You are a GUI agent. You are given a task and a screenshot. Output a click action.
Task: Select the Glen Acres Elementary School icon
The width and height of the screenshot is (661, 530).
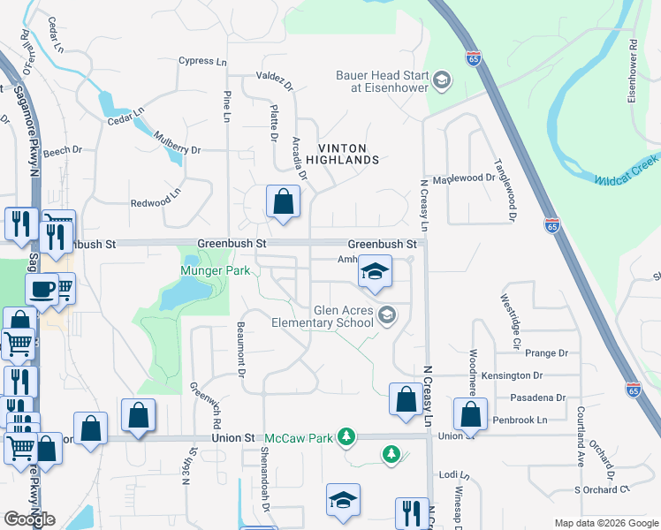[386, 314]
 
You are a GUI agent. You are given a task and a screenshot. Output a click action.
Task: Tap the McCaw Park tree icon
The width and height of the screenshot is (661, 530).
[347, 437]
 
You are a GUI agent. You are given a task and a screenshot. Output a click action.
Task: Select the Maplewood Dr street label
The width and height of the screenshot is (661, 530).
[464, 178]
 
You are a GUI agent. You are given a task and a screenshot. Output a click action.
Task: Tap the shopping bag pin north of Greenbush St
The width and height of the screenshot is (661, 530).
[282, 202]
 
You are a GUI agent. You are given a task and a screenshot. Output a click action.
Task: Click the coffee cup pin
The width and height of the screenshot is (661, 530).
[42, 289]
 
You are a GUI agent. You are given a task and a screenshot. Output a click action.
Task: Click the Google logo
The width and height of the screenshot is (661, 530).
[29, 519]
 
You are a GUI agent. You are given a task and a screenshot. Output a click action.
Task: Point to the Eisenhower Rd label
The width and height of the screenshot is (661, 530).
[633, 70]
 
